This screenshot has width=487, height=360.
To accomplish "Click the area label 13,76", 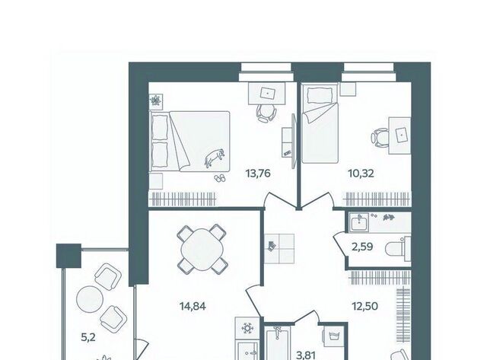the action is point(258,174).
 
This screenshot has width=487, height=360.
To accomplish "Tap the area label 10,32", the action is point(361,174).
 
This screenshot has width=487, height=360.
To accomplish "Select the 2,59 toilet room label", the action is point(362,247).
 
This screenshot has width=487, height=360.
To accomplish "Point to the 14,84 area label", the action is point(193,307).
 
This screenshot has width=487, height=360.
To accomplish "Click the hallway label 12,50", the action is point(364,307).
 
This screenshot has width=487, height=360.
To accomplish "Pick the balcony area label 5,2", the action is point(88,338).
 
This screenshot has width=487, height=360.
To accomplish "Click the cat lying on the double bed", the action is point(214,158).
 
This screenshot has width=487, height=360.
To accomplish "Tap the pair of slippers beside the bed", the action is point(220,178).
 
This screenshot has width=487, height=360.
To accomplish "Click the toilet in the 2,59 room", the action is point(398,249).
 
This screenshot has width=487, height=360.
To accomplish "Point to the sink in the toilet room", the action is point(359,223).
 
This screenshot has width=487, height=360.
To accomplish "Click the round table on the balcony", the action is point(90,299).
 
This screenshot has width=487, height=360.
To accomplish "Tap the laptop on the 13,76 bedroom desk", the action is point(267,93).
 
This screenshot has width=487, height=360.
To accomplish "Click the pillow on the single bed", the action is point(320,95).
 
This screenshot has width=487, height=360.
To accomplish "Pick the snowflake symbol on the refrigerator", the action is point(247,328).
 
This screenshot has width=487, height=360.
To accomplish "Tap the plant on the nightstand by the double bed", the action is point(155,101).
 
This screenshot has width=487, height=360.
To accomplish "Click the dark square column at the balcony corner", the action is point(68,256).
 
